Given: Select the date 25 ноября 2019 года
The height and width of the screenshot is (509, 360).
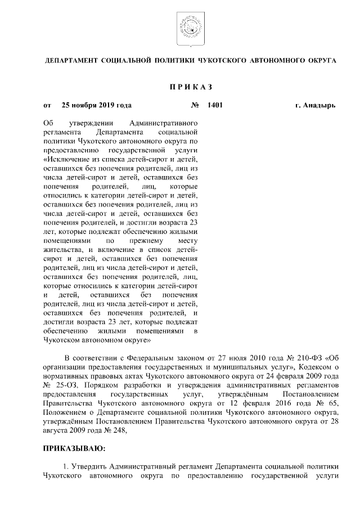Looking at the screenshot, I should (x=97, y=105).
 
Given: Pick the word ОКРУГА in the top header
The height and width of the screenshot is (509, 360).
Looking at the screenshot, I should (x=319, y=58).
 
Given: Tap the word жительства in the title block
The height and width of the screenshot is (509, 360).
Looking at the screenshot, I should (x=60, y=249).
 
